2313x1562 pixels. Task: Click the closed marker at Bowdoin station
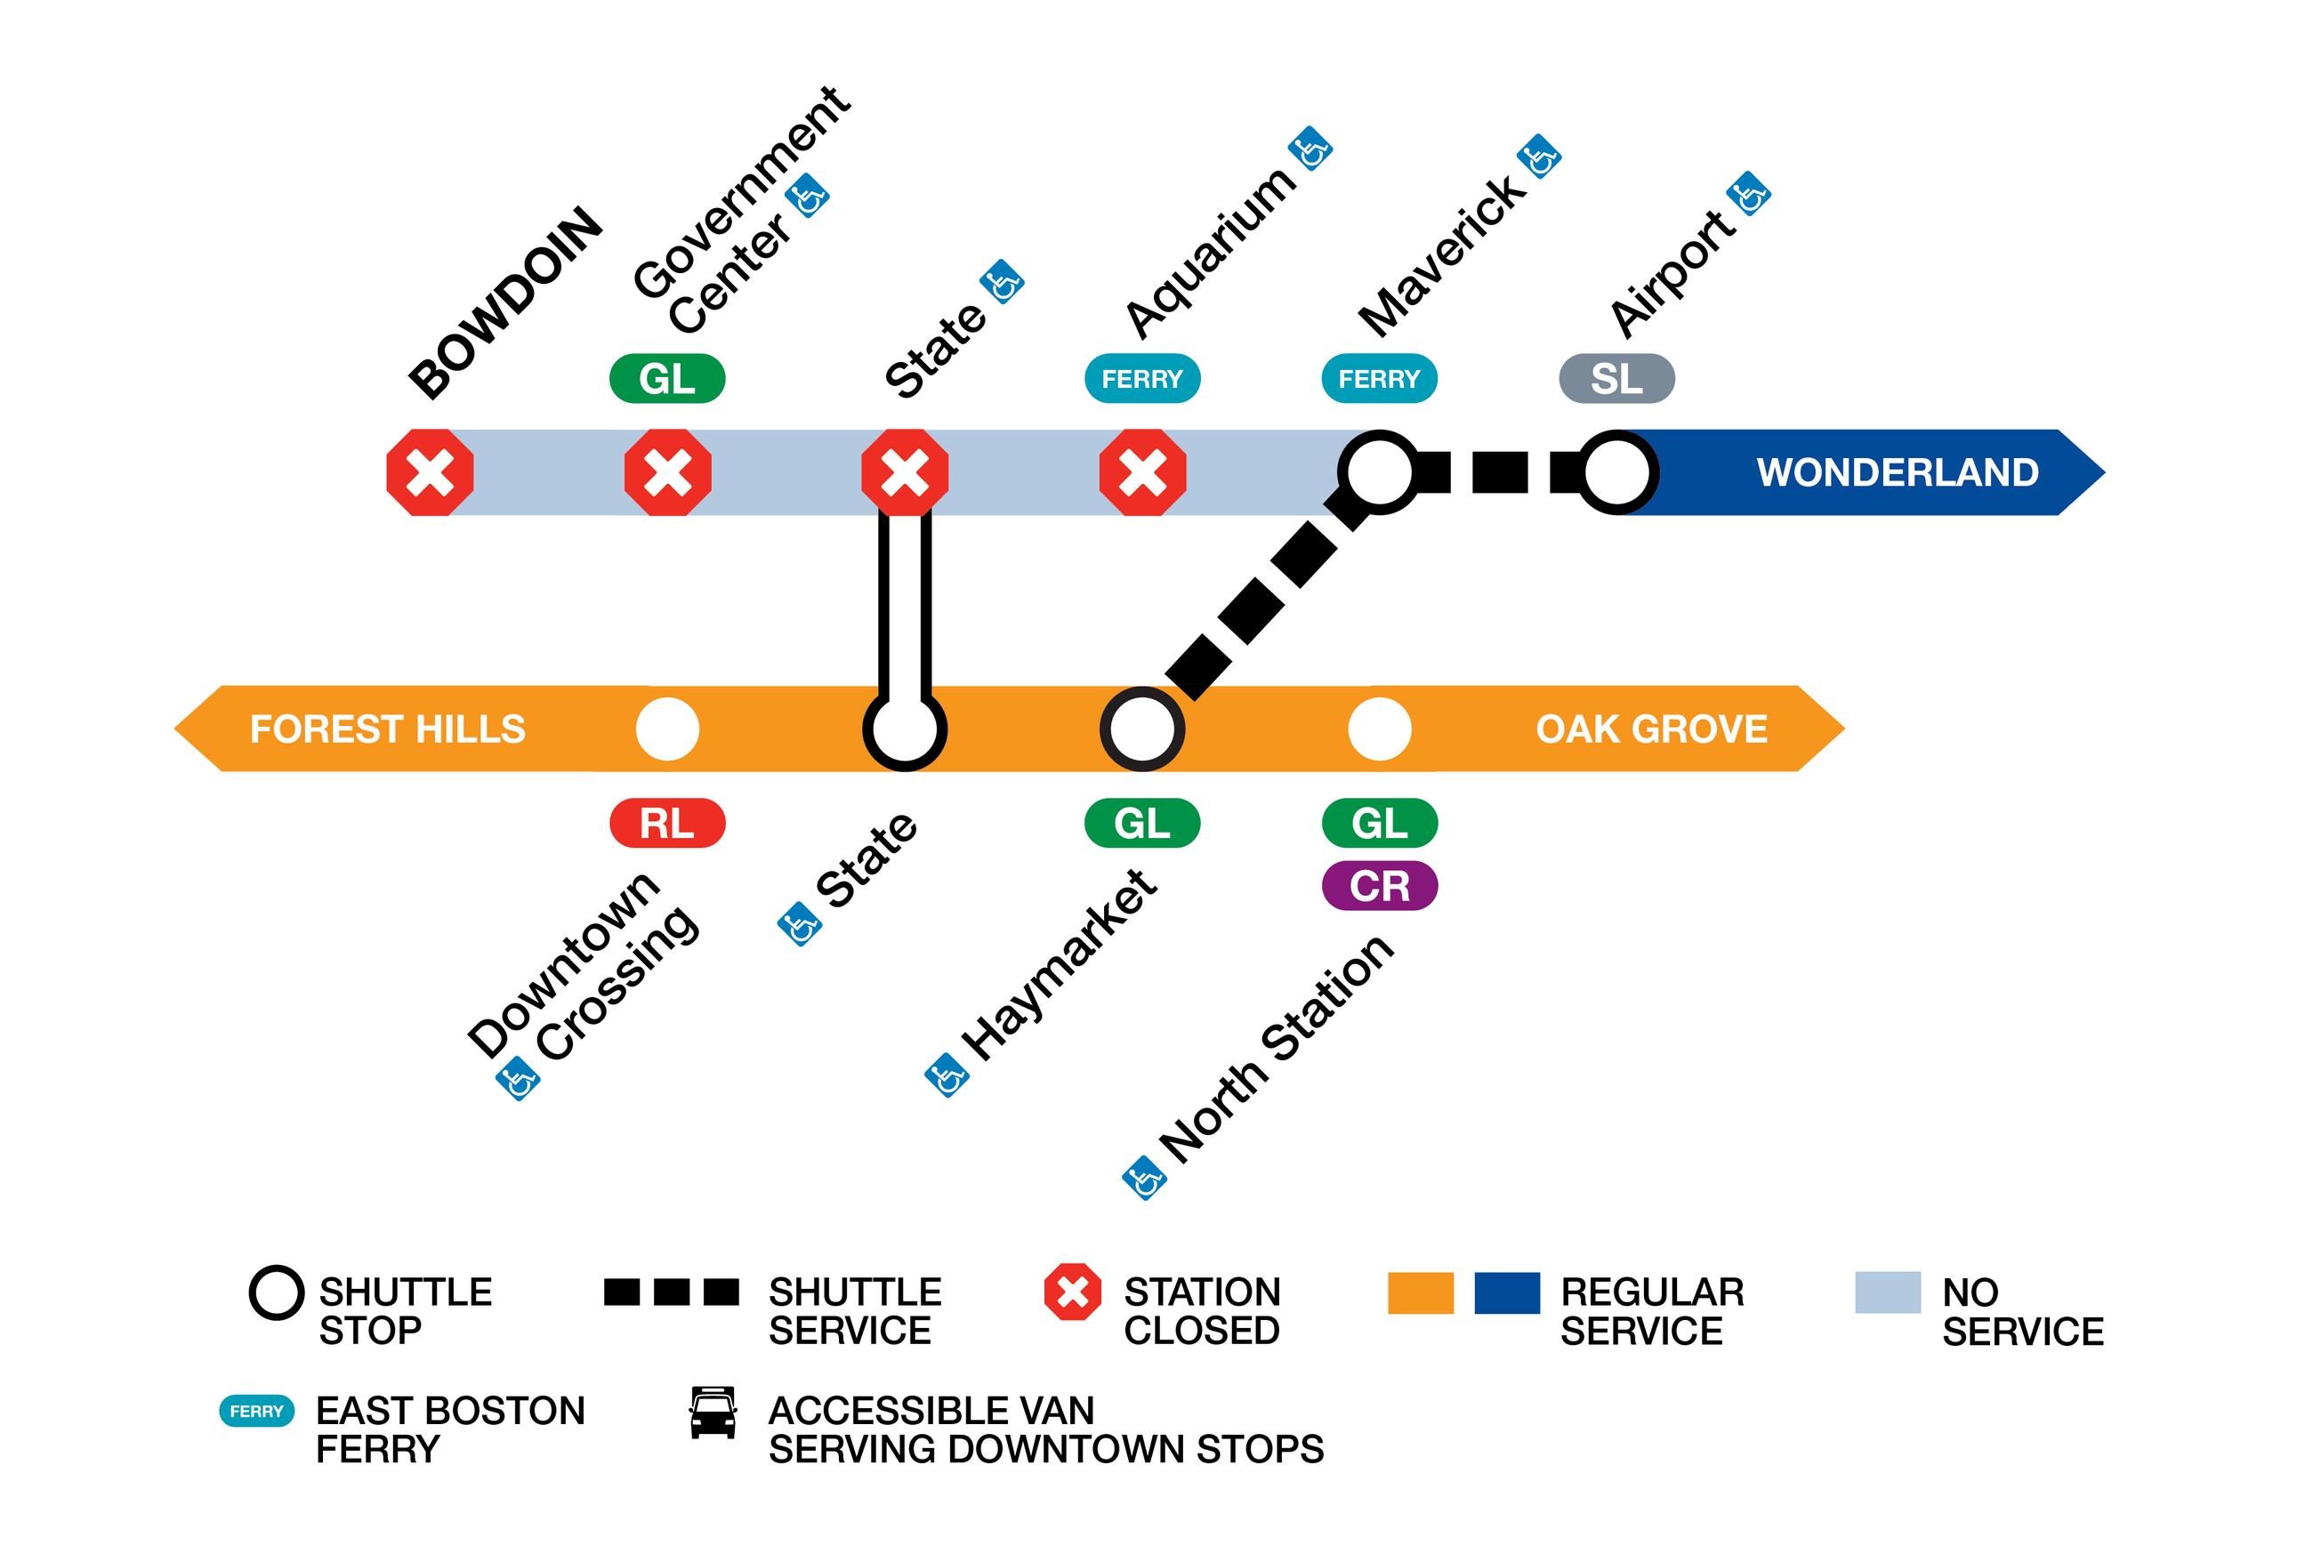[x=430, y=472]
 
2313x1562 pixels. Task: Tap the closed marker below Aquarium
[x=1142, y=472]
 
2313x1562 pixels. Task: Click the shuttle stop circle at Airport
[x=1617, y=472]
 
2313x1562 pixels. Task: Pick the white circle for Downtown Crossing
[x=668, y=729]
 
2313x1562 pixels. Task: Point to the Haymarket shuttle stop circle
[x=1142, y=729]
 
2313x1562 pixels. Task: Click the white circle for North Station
[x=1380, y=729]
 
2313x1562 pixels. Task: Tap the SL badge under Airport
[x=1616, y=379]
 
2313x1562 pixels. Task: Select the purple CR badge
[x=1380, y=885]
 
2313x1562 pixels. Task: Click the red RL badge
[x=668, y=823]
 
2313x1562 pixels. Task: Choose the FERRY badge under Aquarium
[x=1142, y=379]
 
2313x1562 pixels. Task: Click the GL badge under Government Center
[x=668, y=379]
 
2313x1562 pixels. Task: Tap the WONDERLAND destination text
[x=1897, y=472]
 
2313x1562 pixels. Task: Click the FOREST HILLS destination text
[x=387, y=729]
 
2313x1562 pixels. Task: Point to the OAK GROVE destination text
[x=1651, y=729]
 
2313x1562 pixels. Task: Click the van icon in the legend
[x=713, y=1413]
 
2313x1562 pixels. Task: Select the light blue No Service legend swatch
[x=1887, y=1292]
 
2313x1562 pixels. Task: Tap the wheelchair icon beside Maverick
[x=1539, y=157]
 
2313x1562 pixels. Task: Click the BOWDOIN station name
[x=505, y=302]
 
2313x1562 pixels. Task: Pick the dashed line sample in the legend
[x=672, y=1292]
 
